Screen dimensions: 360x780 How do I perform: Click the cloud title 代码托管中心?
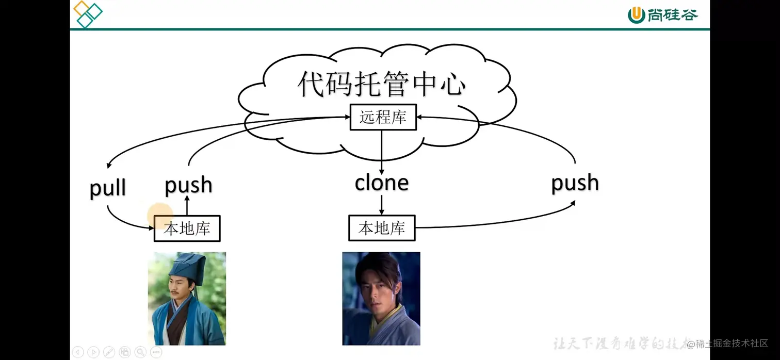click(382, 84)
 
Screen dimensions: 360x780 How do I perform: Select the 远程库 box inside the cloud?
click(383, 118)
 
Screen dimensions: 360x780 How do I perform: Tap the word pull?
click(108, 188)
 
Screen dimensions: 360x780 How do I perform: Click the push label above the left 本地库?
click(188, 185)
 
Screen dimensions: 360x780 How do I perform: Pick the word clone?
click(382, 183)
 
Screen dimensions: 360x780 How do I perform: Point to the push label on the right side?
click(575, 183)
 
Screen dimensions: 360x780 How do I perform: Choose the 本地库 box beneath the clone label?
click(382, 228)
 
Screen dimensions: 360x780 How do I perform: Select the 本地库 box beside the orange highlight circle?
click(187, 228)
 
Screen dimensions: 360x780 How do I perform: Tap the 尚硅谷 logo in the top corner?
click(662, 15)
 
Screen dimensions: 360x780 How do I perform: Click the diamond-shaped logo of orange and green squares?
click(87, 14)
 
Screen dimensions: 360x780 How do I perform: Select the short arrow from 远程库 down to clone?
click(382, 152)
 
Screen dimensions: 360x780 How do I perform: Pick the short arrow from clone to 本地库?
click(382, 205)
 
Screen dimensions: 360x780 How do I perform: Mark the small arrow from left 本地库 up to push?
click(187, 206)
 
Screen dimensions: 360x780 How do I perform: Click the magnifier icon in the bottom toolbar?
click(140, 352)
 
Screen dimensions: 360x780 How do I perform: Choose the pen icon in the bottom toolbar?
click(109, 352)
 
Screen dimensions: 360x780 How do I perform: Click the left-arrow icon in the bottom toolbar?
click(77, 352)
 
